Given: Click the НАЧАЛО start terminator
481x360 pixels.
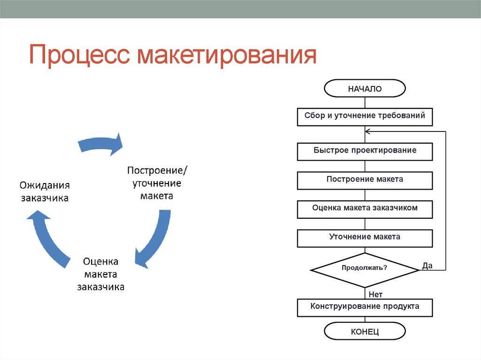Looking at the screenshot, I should (365, 88).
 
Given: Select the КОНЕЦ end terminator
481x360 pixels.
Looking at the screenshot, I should (365, 332).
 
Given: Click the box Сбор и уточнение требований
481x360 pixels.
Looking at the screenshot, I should (365, 116).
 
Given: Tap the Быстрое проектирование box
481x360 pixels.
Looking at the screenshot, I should (365, 151).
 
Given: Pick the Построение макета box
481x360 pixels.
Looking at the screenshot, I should (365, 180).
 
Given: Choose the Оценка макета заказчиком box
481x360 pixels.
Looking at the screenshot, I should (365, 208).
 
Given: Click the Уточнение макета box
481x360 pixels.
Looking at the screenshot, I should (365, 237).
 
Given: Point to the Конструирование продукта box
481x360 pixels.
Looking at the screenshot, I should (365, 307).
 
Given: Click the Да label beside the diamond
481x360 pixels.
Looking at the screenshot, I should (427, 266).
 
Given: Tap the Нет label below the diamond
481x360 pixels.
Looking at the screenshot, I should (375, 295).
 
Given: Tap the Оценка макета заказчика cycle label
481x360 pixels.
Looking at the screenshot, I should (101, 274).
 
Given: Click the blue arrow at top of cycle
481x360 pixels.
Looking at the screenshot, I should (101, 144).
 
